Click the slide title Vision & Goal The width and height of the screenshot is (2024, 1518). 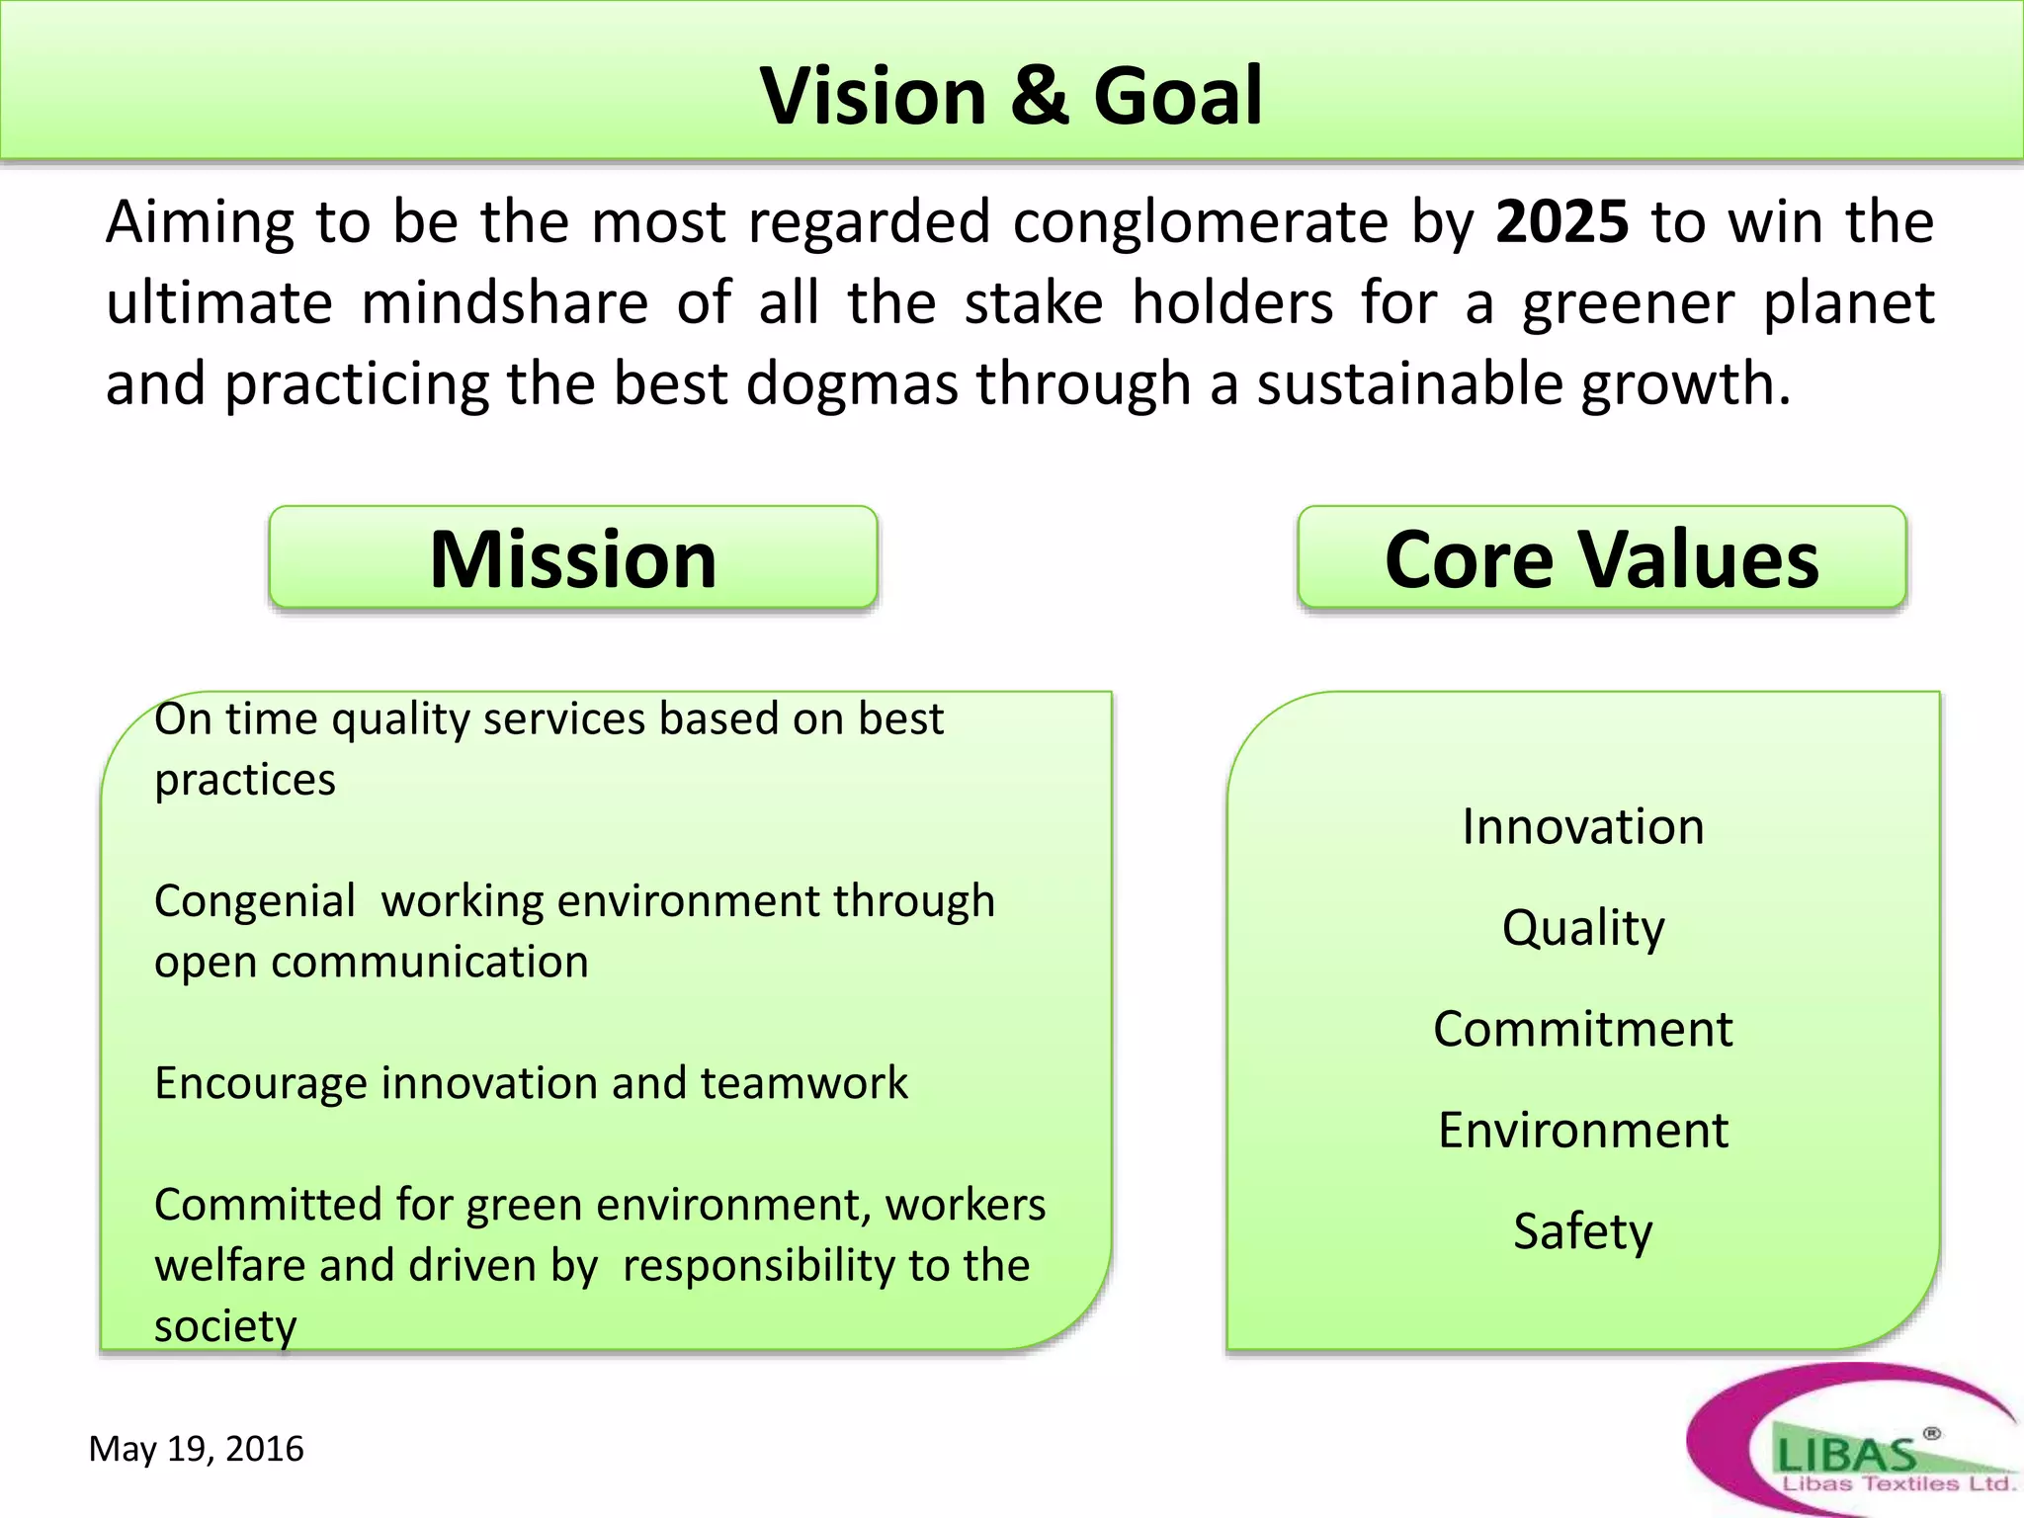coord(1011,96)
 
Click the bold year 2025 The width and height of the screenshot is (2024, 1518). coord(1561,221)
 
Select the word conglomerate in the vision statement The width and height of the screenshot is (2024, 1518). coord(1201,221)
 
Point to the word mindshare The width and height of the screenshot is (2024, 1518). coord(504,302)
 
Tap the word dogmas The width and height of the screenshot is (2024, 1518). coord(852,383)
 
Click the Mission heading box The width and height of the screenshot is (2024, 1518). coord(573,558)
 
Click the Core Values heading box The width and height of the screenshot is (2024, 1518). coord(1601,558)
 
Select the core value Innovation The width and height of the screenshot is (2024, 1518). coord(1583,826)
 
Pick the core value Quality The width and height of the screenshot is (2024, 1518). coord(1583,929)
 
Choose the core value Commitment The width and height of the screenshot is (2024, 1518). coord(1583,1029)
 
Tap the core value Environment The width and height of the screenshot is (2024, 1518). coord(1583,1130)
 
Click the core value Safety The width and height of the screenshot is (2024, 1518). coord(1583,1232)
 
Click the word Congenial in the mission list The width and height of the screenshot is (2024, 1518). coord(255,901)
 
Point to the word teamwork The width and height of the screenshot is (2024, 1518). coord(803,1083)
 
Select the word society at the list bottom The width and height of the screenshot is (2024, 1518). coord(225,1326)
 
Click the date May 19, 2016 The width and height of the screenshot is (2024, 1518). coord(196,1449)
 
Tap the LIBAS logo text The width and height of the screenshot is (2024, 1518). coord(1846,1454)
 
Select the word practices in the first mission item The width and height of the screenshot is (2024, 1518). coord(245,780)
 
